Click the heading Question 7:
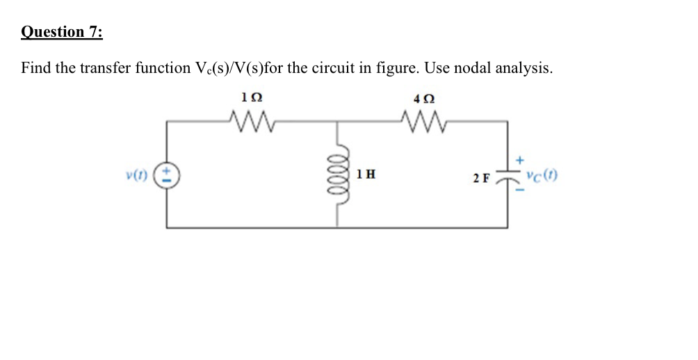[x=62, y=33]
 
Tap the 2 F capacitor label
[x=482, y=178]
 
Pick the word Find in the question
[x=35, y=68]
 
